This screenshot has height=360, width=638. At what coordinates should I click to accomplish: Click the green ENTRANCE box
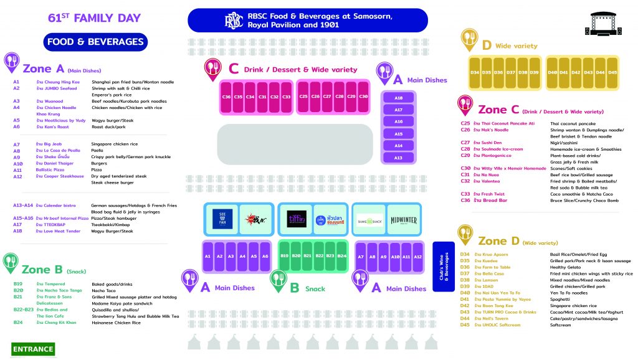(33, 349)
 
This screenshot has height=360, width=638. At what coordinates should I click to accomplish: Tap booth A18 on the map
(399, 98)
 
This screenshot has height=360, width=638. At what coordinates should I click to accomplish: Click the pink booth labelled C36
(226, 97)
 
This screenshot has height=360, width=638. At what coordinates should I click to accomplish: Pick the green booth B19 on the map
(284, 256)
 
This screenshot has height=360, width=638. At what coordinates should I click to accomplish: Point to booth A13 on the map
(399, 158)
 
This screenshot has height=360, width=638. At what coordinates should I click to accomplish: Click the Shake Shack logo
(369, 220)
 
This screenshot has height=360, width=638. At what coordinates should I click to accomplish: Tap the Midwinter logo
(404, 220)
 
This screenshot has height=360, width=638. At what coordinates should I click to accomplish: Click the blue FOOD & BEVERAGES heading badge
(95, 42)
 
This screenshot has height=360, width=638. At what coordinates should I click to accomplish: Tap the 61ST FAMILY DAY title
(94, 18)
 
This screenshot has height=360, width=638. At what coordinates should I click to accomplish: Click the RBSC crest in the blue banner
(232, 21)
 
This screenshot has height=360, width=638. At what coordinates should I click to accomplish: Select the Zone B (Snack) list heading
(53, 270)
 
